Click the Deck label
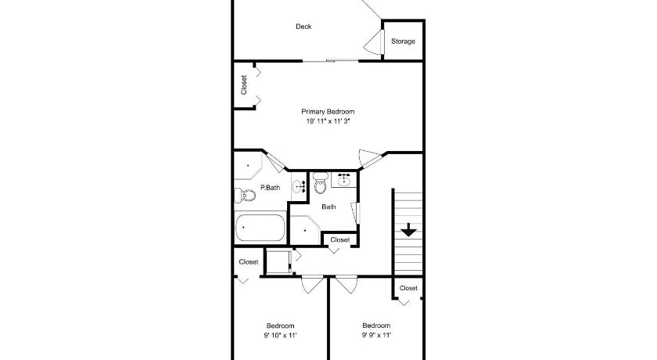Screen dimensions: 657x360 [x=303, y=27]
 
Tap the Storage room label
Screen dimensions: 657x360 [x=403, y=41]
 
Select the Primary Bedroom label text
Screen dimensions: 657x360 [x=328, y=111]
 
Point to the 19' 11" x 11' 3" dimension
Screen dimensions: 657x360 [x=328, y=121]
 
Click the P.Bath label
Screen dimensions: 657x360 [x=271, y=187]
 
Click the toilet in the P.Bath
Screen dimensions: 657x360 [x=245, y=196]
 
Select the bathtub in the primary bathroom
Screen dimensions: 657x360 [x=260, y=228]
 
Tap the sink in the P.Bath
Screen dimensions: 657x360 [x=300, y=186]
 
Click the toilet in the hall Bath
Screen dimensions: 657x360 [x=321, y=182]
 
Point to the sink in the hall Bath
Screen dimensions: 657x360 [x=344, y=179]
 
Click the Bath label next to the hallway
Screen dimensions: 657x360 [x=328, y=207]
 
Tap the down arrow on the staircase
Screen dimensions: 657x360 [x=408, y=230]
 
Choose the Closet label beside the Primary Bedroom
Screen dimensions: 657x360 [x=244, y=85]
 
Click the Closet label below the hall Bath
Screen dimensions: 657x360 [x=339, y=239]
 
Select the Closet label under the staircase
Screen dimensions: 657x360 [x=408, y=288]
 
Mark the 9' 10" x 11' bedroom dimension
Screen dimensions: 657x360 [x=280, y=335]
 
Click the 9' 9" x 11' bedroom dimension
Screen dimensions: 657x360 [x=376, y=335]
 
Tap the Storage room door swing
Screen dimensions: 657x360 [x=374, y=42]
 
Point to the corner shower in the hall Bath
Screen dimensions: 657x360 [x=305, y=230]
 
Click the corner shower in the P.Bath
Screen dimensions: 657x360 [x=248, y=166]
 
